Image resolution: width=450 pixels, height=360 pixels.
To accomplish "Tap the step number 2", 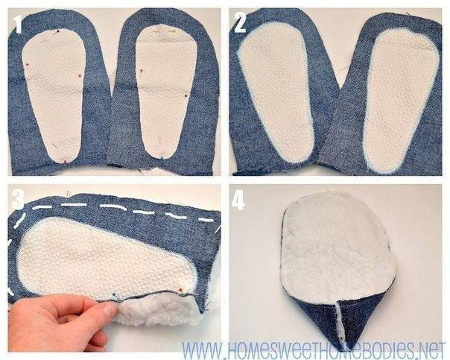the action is pyautogui.click(x=240, y=22).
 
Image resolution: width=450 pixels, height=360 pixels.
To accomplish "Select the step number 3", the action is pyautogui.click(x=17, y=199).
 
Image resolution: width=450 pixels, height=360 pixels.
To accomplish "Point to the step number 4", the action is pyautogui.click(x=238, y=200).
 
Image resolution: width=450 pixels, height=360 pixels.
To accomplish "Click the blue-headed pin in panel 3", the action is pyautogui.click(x=114, y=294).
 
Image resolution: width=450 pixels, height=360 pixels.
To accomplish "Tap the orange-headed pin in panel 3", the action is pyautogui.click(x=180, y=288).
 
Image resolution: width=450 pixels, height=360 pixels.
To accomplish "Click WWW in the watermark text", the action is pyautogui.click(x=201, y=350).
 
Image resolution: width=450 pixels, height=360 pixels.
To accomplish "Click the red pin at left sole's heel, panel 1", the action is pyautogui.click(x=65, y=160).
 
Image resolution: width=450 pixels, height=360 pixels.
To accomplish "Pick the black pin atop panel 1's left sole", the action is pyautogui.click(x=58, y=31).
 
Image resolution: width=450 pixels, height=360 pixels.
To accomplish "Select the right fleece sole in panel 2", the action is pyautogui.click(x=402, y=101).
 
